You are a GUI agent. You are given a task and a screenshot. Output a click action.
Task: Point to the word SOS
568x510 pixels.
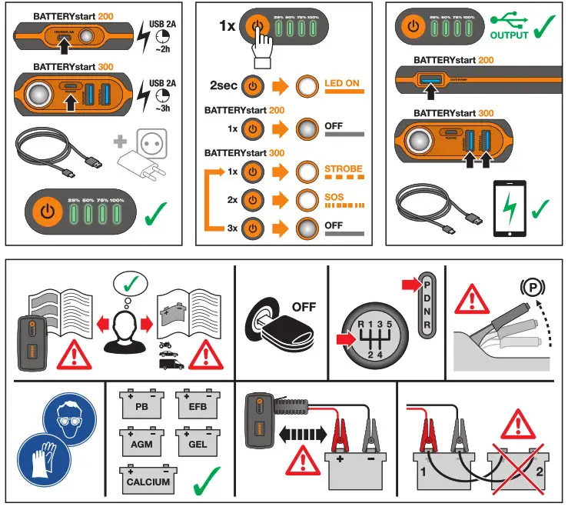coord(335,197)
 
